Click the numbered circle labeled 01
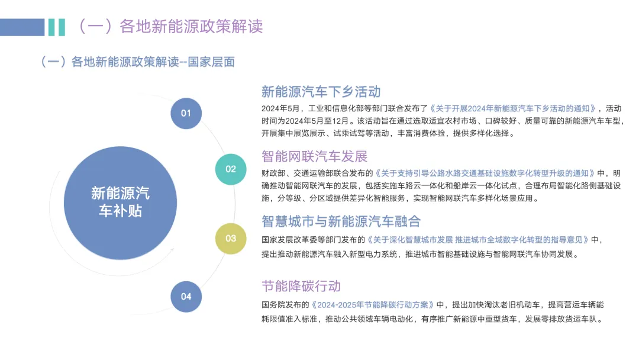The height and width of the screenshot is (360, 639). [x=186, y=112]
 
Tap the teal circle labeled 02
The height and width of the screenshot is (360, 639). [x=231, y=169]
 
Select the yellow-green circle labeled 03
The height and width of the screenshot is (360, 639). [x=231, y=238]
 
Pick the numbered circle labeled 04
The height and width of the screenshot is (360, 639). [x=186, y=296]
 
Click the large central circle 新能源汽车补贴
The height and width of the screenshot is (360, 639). [x=120, y=202]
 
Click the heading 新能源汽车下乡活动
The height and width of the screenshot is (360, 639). [x=321, y=92]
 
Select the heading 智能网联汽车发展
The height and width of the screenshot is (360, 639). [x=314, y=156]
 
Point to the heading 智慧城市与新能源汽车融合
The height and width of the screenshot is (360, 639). [x=341, y=221]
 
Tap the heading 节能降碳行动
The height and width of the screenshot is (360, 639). [x=301, y=286]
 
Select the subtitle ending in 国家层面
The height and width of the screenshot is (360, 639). [x=137, y=62]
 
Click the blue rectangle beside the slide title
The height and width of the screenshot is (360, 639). [x=22, y=27]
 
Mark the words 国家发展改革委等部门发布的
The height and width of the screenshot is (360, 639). [x=314, y=240]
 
